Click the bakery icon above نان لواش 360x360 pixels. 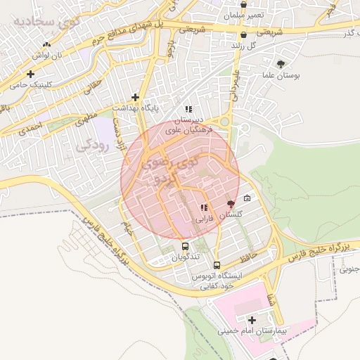pyautogui.click(x=46, y=44)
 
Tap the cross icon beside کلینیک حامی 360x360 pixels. pyautogui.click(x=30, y=74)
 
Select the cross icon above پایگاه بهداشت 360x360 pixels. pyautogui.click(x=135, y=97)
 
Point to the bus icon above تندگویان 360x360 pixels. pyautogui.click(x=185, y=246)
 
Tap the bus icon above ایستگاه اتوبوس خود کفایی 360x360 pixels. pyautogui.click(x=216, y=266)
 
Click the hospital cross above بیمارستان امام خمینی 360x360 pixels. pyautogui.click(x=252, y=321)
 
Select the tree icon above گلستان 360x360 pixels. pyautogui.click(x=231, y=203)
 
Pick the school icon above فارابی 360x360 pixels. pyautogui.click(x=204, y=207)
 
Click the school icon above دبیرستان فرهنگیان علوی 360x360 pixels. pyautogui.click(x=188, y=109)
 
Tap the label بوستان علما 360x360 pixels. pyautogui.click(x=281, y=75)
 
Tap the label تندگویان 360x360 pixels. pyautogui.click(x=186, y=257)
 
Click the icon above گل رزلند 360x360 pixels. pyautogui.click(x=243, y=34)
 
